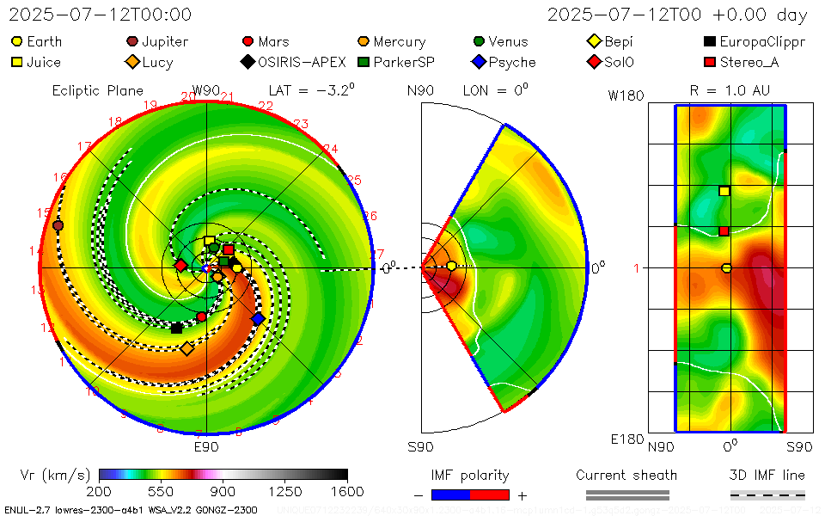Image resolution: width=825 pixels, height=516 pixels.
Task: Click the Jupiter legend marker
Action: [132, 41]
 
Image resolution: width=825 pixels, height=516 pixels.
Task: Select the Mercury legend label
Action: [399, 41]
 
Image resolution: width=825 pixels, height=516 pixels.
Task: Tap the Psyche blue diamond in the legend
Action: [480, 62]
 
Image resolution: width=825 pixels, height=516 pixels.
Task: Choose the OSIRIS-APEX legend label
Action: [302, 62]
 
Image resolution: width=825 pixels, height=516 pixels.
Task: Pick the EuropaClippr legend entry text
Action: [762, 41]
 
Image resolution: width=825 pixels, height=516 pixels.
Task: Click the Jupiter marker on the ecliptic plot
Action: [58, 225]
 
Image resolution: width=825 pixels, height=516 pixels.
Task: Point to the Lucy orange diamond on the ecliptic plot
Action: [186, 348]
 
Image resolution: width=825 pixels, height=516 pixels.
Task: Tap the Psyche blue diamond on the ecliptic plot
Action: [258, 319]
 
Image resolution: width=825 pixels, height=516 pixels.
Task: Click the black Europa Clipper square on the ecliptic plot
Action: [176, 328]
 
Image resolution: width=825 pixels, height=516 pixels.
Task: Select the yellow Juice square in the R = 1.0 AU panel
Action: [724, 191]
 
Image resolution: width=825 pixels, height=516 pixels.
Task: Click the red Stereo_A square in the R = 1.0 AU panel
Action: [724, 230]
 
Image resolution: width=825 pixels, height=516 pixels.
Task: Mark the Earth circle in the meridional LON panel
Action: [452, 267]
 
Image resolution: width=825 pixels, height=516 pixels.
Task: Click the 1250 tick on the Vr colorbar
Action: [285, 492]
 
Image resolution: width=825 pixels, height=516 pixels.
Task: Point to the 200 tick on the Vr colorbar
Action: [100, 492]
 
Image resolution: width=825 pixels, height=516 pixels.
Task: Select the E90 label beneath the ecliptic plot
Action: [206, 447]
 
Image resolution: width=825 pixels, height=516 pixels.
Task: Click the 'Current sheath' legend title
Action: [626, 475]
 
